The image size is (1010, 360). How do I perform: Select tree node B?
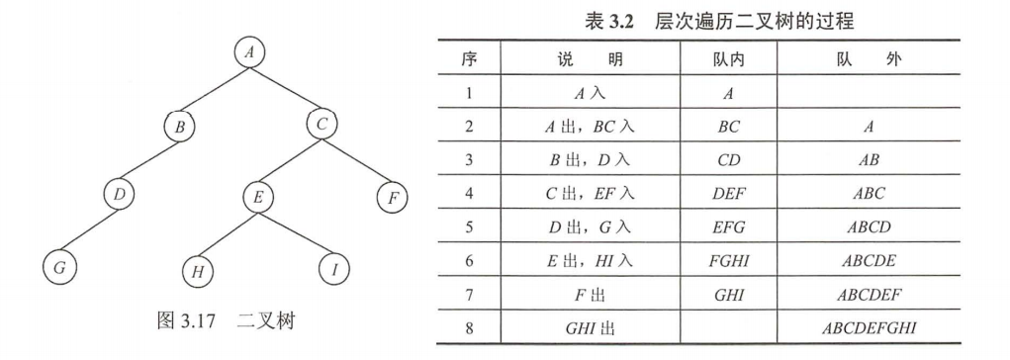(180, 126)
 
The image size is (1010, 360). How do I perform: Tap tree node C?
(322, 126)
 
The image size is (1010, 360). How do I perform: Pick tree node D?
(119, 196)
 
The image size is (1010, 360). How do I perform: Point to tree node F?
(393, 197)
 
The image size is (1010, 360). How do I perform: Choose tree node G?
(59, 268)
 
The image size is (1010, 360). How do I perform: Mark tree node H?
(198, 269)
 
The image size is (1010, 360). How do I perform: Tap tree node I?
(333, 269)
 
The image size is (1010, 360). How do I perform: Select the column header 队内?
(728, 60)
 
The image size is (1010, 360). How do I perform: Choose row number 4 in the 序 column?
(469, 194)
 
